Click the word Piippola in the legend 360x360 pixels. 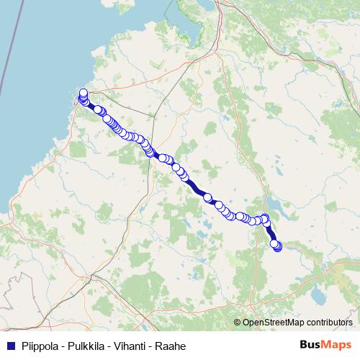(x=41, y=346)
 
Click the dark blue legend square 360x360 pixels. (x=10, y=346)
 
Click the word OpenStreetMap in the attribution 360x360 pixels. (x=274, y=322)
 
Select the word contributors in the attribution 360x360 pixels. (x=329, y=322)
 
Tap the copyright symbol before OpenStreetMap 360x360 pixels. (x=237, y=322)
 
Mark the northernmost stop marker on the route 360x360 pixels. (x=83, y=93)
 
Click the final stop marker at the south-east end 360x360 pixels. (x=277, y=247)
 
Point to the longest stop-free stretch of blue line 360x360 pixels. (x=195, y=187)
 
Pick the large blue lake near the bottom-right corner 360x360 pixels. (x=317, y=294)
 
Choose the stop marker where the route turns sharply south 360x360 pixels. (x=265, y=218)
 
